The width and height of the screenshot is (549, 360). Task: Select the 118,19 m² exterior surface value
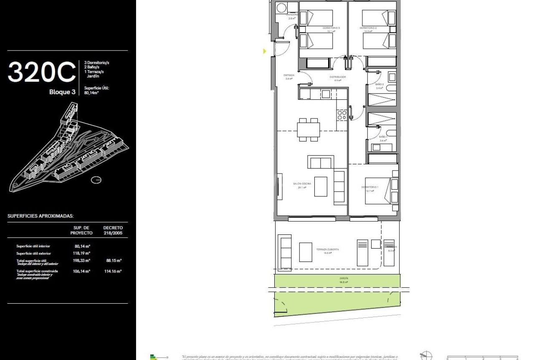tap(82, 253)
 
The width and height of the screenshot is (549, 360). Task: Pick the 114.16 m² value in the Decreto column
tap(113, 271)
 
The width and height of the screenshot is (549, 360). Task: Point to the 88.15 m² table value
tap(113, 260)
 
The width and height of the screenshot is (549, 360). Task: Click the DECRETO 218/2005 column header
tap(113, 230)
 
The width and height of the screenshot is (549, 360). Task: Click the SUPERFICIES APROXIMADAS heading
tap(40, 216)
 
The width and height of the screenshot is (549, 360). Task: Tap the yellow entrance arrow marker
tap(264, 51)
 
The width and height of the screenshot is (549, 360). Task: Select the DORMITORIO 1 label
tap(369, 187)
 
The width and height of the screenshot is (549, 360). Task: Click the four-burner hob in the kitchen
tap(342, 115)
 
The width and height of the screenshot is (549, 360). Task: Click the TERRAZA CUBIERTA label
tap(327, 249)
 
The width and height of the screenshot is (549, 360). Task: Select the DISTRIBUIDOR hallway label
tap(338, 77)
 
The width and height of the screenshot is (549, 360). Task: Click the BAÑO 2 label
tap(379, 84)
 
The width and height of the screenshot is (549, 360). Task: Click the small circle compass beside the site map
tap(96, 180)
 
